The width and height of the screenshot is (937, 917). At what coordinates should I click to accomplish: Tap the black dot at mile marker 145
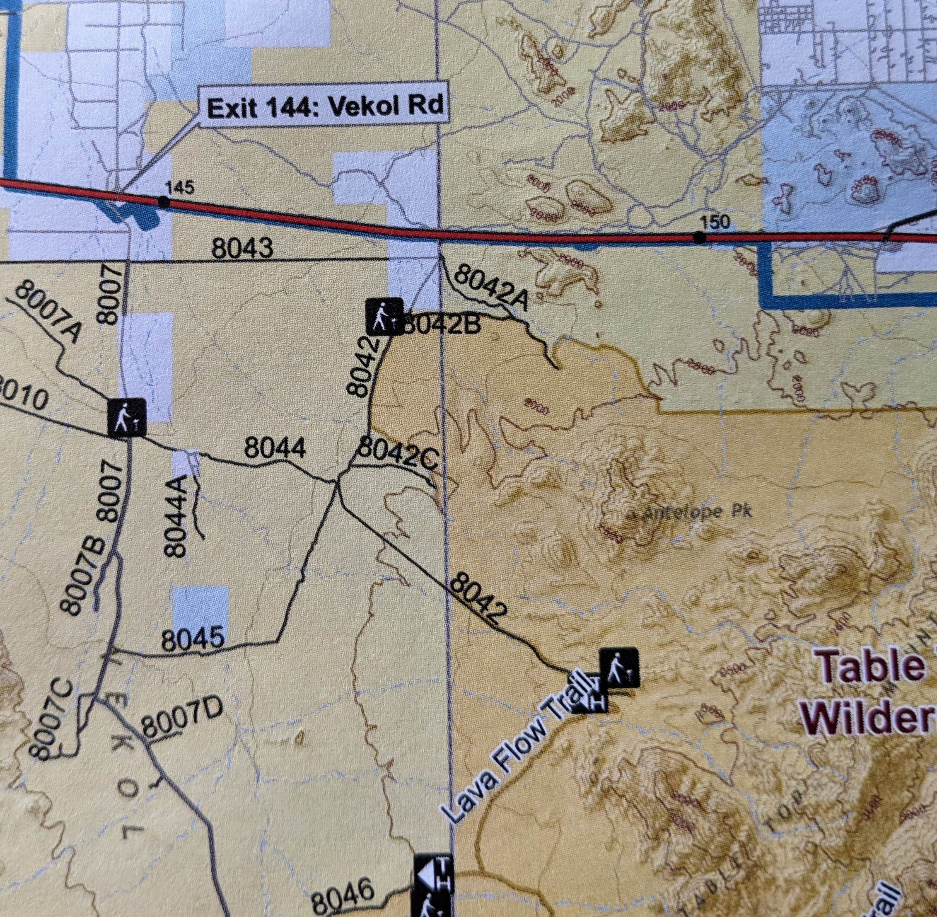click(x=164, y=202)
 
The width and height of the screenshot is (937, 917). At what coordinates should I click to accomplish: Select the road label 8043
click(x=242, y=249)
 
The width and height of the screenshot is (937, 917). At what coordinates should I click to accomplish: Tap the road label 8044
click(x=275, y=449)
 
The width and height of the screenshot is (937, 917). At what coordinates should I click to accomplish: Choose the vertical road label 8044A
click(x=176, y=515)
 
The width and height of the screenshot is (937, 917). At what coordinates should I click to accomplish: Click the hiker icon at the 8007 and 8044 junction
click(x=126, y=417)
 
